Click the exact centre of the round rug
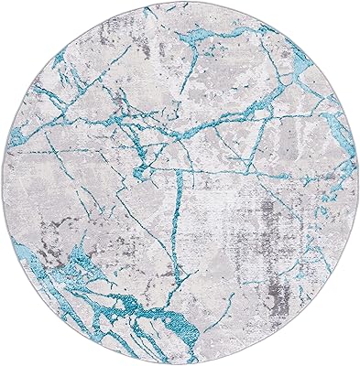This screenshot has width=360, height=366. pyautogui.click(x=180, y=183)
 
